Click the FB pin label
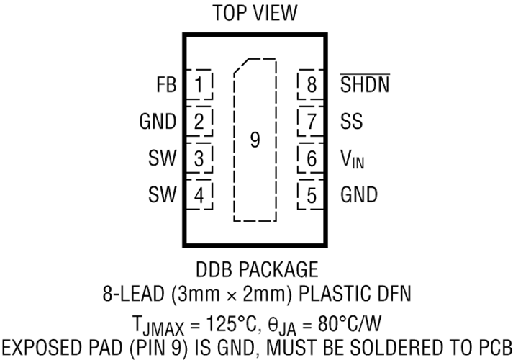pos(166,85)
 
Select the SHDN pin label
pos(365,84)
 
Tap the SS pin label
pos(352,121)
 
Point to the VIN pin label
pos(353,159)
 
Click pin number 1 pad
pos(199,85)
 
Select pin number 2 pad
pos(199,122)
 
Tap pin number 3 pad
pos(199,158)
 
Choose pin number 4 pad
pos(199,195)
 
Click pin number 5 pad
pos(311,195)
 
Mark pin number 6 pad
pos(311,158)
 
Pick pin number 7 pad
pos(311,122)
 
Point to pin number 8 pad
pos(311,85)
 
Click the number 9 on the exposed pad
pos(255,140)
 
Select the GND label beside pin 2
pos(158,122)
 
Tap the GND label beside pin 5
pos(359,194)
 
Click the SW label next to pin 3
pos(163,158)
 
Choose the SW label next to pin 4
pos(163,194)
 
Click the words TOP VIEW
pos(255,13)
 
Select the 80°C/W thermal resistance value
pos(350,324)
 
